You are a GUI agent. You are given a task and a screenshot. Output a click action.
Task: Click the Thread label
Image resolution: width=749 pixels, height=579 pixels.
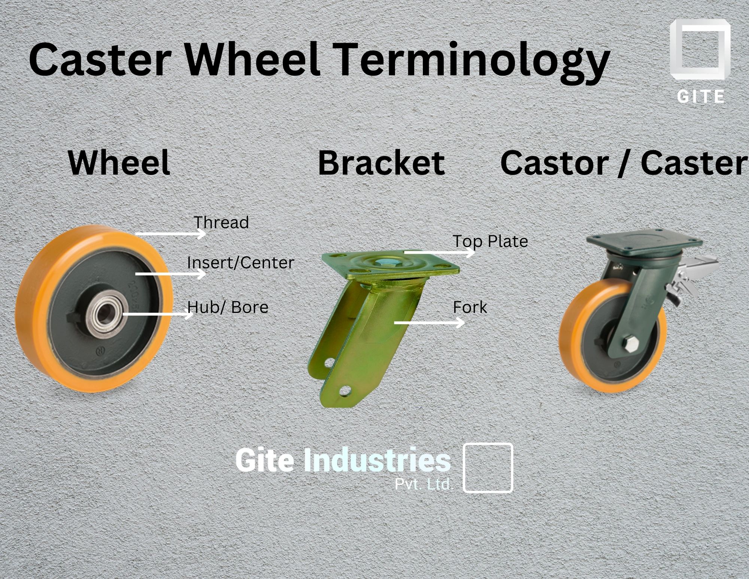221,223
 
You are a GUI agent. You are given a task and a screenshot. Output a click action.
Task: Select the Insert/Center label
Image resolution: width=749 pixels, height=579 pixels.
240,263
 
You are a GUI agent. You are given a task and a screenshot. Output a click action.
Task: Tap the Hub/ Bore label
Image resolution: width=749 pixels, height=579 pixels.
228,307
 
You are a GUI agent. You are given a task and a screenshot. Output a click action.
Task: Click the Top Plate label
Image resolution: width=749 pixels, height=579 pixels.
490,241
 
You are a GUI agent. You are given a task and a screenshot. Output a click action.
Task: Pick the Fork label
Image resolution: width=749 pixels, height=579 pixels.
470,308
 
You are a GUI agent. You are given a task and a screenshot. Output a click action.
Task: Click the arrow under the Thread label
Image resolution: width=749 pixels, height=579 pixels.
170,234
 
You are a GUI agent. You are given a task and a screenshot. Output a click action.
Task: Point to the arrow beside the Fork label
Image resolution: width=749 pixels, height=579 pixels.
429,322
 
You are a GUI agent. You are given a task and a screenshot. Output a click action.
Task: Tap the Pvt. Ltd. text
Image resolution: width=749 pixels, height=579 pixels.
424,485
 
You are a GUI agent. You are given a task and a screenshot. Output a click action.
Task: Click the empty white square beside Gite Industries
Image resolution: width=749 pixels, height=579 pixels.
488,468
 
